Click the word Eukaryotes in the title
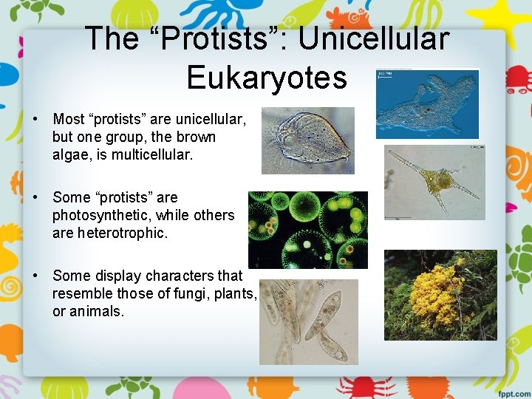[x=267, y=76]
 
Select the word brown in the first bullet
[x=196, y=137]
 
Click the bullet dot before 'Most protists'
[x=35, y=120]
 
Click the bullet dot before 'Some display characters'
[x=35, y=276]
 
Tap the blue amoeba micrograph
[x=427, y=104]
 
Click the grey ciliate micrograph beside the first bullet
[x=307, y=140]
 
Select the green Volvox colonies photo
[x=307, y=229]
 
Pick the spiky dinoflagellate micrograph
[x=434, y=182]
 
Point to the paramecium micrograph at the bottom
[x=308, y=321]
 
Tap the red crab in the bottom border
[x=349, y=386]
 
